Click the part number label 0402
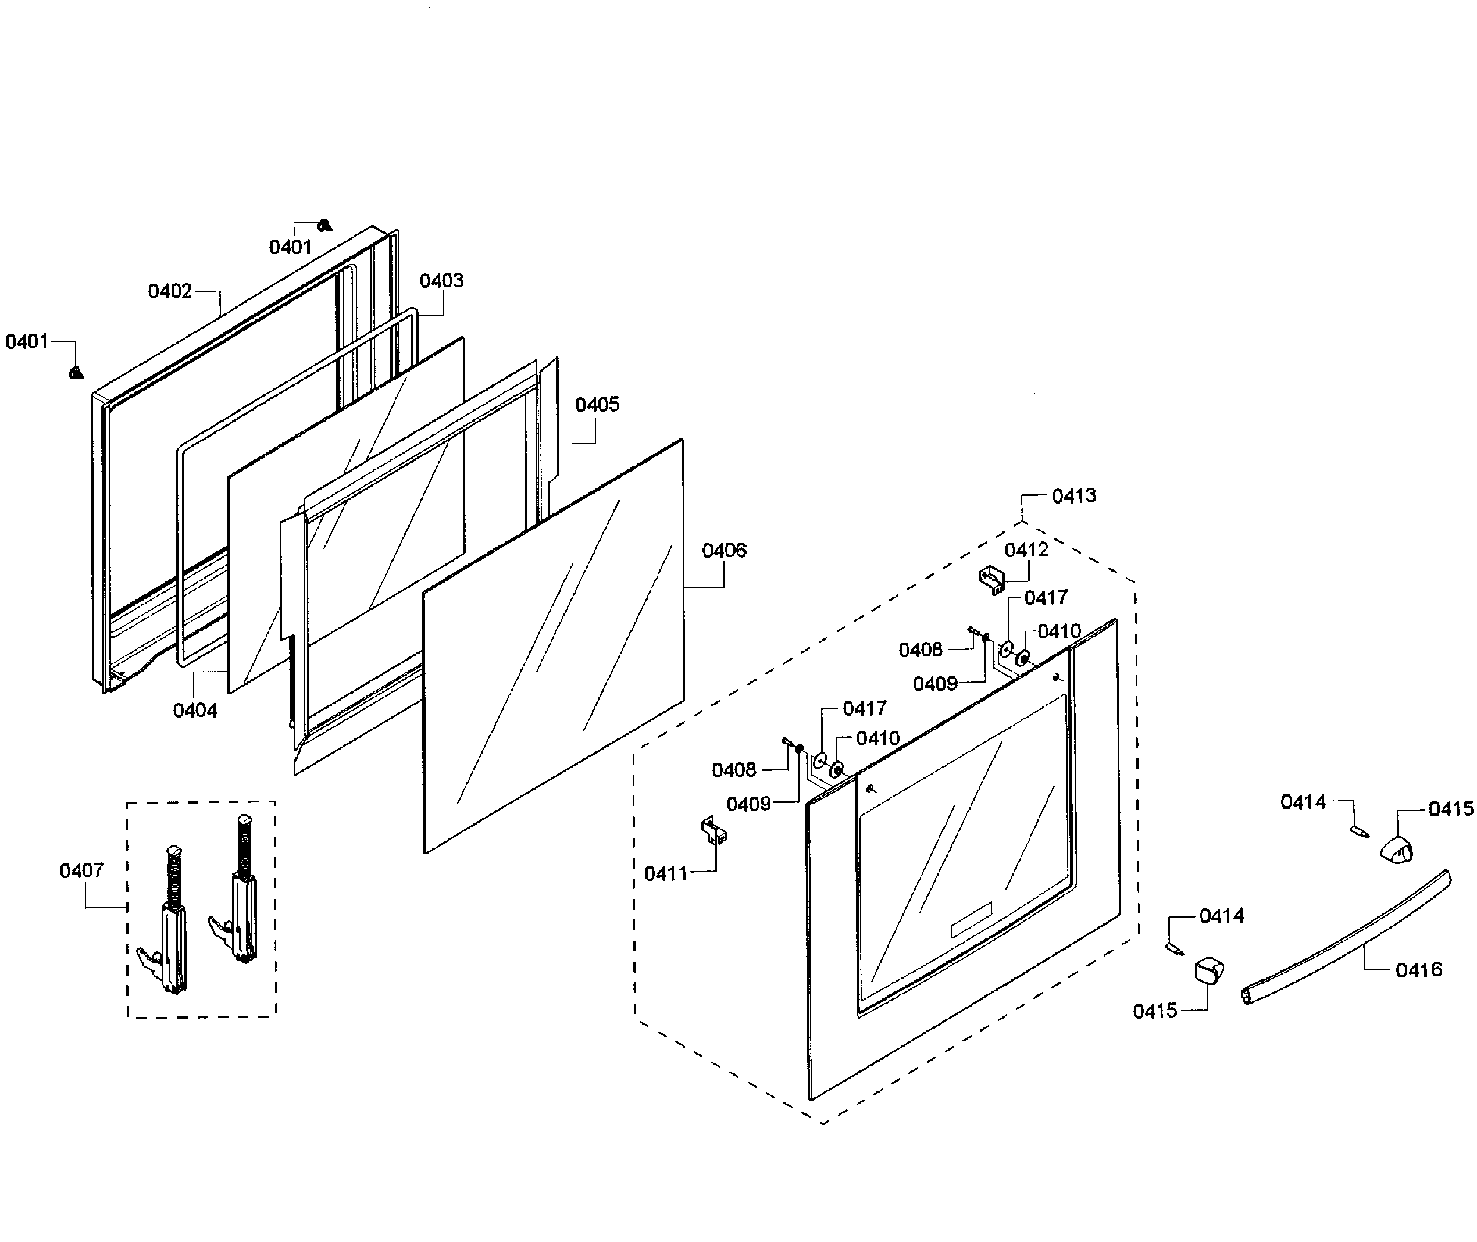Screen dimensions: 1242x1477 [x=170, y=291]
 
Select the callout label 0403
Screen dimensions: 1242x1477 [x=441, y=281]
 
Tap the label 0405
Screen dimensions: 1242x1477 [x=597, y=405]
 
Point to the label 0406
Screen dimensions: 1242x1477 [x=724, y=551]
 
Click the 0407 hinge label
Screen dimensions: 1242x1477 [x=81, y=871]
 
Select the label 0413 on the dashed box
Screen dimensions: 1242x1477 [x=1073, y=497]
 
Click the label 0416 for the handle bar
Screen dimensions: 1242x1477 [x=1419, y=970]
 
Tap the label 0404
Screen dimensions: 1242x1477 [x=195, y=711]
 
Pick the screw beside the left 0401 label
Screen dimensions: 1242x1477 [x=77, y=373]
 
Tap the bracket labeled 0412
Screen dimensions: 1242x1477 [x=991, y=580]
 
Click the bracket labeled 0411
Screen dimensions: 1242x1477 [x=712, y=831]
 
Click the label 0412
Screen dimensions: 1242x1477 [x=1026, y=550]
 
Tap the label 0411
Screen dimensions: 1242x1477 [x=665, y=874]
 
